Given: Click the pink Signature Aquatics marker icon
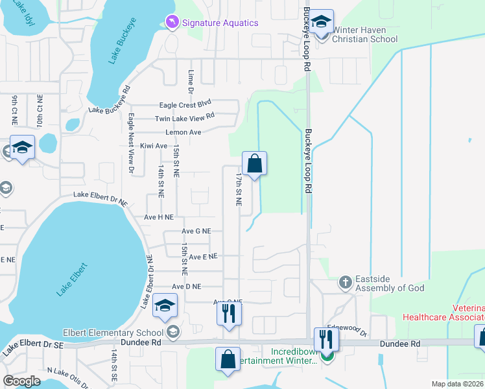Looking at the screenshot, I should tap(172, 23).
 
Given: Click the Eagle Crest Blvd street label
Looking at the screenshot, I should tap(186, 104).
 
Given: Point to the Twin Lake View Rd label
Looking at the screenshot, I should tap(184, 118).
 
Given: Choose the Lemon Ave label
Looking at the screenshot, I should tap(183, 132).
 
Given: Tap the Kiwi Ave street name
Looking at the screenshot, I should tap(154, 146).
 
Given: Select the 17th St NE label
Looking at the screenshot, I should tap(239, 189).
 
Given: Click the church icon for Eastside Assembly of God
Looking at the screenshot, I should tap(345, 283).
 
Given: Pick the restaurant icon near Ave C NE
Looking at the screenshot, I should tap(228, 314).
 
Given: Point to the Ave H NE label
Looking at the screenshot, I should tap(159, 217).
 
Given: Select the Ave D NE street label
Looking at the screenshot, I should tap(187, 286).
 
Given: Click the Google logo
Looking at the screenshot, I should tap(22, 381).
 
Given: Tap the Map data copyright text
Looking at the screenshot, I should tap(456, 384).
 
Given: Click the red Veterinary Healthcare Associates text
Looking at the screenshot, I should tap(444, 312).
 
